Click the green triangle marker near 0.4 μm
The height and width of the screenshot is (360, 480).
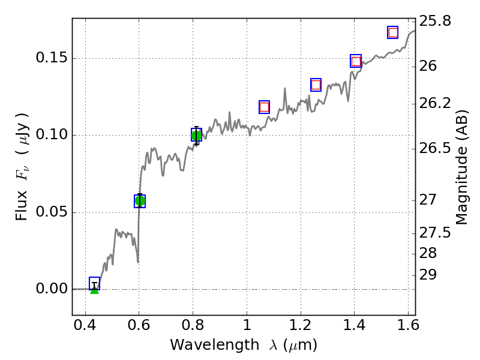[x=94, y=289]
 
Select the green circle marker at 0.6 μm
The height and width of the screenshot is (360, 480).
[x=140, y=200]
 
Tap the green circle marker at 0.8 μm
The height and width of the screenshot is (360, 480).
[x=196, y=135]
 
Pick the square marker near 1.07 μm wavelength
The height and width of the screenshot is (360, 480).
[x=264, y=107]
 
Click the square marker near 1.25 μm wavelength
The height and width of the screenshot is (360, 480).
[x=316, y=85]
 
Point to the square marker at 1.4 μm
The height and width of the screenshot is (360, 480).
[x=356, y=61]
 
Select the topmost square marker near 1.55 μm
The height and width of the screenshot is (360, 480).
[x=393, y=32]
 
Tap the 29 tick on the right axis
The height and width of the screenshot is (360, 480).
[x=429, y=275]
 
